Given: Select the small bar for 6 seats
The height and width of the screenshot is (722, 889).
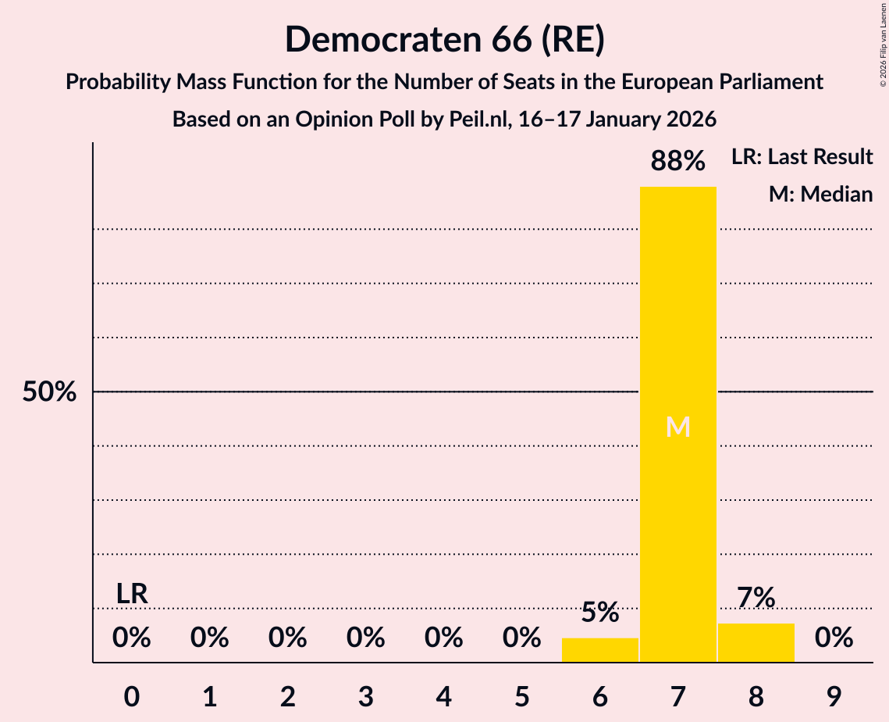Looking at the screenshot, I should click(599, 650).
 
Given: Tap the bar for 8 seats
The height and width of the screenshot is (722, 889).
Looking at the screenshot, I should click(756, 642).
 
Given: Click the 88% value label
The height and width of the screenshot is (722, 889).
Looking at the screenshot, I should click(677, 162).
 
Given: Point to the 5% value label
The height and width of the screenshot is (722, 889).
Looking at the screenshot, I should click(599, 613).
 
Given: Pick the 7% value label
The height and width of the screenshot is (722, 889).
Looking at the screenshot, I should click(756, 598).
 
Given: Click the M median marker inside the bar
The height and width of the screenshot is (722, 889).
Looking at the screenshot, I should click(677, 427).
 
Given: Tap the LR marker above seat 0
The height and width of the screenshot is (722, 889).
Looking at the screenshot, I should click(132, 594).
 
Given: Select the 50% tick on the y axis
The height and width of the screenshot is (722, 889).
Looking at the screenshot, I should click(49, 392).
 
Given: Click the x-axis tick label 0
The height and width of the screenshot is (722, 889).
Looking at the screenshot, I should click(132, 694).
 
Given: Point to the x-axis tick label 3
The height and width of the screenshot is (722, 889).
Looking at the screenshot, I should click(365, 694).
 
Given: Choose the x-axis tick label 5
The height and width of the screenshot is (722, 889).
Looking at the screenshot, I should click(521, 694).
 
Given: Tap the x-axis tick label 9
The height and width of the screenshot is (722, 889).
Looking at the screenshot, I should click(834, 694).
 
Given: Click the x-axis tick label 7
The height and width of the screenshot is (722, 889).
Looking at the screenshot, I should click(677, 694).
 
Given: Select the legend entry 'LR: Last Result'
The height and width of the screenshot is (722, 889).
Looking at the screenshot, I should click(802, 157).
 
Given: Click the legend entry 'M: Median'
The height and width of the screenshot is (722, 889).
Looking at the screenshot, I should click(820, 194).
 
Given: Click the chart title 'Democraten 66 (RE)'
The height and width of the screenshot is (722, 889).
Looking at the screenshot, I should click(444, 39).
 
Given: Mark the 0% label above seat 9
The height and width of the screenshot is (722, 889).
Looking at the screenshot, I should click(834, 638).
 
